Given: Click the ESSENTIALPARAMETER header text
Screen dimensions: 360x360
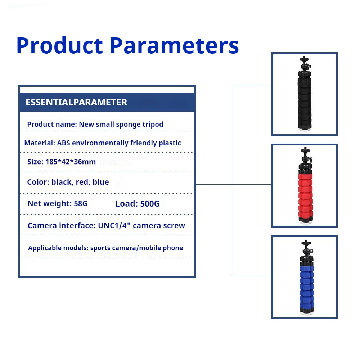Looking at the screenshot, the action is click(76, 102).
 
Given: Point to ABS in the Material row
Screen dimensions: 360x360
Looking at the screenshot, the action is click(64, 143).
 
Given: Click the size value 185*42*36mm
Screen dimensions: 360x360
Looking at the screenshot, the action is click(71, 162).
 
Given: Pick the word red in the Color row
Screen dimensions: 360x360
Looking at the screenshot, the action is click(83, 182).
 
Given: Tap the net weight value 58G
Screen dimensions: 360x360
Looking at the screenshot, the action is click(81, 204).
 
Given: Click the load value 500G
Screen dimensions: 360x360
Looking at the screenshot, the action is click(150, 204).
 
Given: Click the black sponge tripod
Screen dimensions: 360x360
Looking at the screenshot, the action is click(305, 94).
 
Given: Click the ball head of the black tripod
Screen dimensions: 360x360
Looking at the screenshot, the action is click(305, 66).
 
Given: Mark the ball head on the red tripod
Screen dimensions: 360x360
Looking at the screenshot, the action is click(306, 156).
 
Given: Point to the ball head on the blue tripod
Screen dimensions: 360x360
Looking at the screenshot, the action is click(306, 248).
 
